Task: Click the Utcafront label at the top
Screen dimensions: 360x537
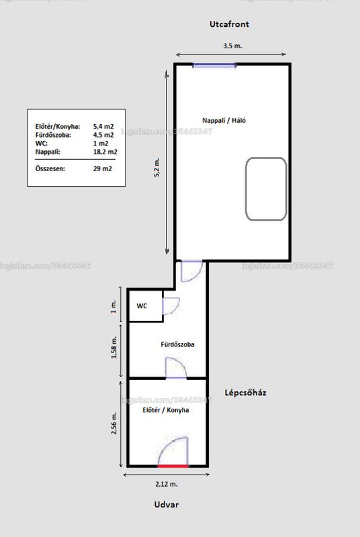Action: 229,24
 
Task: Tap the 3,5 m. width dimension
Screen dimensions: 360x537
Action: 232,46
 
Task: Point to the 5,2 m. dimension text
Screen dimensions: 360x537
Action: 157,167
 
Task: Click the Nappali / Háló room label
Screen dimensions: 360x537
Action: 224,120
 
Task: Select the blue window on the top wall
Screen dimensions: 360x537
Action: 214,65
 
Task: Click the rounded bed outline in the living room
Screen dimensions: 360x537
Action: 266,189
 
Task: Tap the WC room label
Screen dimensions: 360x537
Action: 142,306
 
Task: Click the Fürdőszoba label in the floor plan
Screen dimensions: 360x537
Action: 177,344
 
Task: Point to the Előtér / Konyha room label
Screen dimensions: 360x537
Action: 166,410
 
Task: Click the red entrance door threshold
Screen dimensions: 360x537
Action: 173,466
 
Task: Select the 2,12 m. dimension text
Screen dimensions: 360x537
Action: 167,484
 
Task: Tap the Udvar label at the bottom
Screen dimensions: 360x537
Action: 167,505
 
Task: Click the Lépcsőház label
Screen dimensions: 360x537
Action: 245,393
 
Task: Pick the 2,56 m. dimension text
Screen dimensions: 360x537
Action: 114,423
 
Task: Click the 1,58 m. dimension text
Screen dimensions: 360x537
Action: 114,347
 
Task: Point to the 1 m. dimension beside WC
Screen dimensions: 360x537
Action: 114,306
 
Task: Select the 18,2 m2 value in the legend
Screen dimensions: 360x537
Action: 105,152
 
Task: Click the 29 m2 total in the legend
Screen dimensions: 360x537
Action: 102,168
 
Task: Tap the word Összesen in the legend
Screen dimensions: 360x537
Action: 50,168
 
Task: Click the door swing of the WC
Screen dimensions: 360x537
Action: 171,306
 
